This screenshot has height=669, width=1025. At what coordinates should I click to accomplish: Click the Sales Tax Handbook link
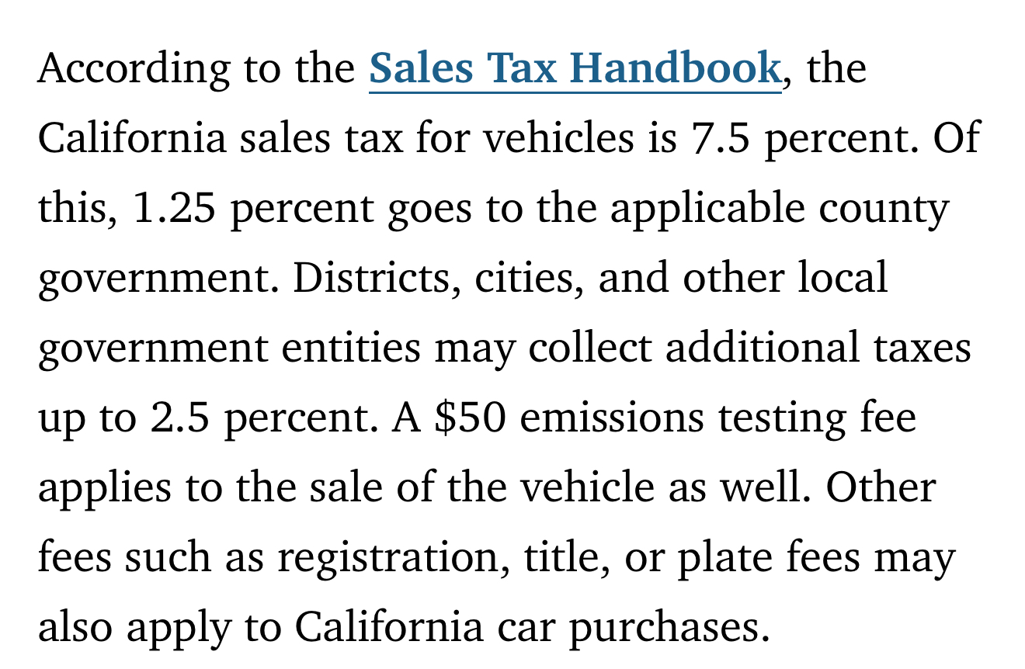(574, 68)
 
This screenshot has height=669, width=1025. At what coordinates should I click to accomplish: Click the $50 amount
(470, 418)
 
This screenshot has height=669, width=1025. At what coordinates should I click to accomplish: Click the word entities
(350, 348)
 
